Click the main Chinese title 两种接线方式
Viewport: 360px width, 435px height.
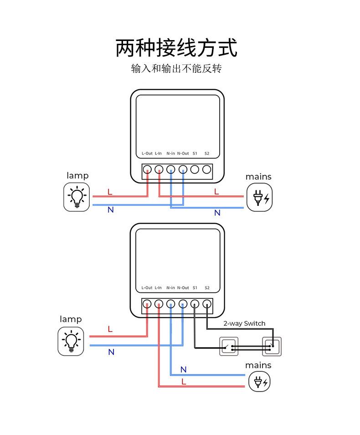point(176,48)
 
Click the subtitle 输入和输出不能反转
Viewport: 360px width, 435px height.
point(176,69)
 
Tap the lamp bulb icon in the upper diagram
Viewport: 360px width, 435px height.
point(77,197)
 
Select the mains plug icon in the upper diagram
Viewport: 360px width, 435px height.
point(259,197)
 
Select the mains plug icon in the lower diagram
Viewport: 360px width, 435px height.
point(259,381)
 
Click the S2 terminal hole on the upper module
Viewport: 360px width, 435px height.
point(206,170)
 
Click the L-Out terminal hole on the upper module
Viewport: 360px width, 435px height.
point(147,170)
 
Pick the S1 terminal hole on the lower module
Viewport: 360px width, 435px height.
point(195,304)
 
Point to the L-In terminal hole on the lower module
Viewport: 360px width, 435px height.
point(159,304)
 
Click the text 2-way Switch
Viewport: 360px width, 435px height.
point(244,323)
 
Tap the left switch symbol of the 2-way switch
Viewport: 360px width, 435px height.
point(229,347)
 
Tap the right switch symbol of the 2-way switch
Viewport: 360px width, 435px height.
point(272,347)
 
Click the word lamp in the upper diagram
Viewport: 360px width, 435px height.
point(77,176)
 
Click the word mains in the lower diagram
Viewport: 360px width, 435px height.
point(258,365)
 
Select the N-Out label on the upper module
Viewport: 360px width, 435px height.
point(183,154)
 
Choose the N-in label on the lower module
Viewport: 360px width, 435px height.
point(170,288)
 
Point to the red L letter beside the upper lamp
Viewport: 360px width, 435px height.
point(110,192)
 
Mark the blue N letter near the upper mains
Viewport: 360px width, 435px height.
point(217,213)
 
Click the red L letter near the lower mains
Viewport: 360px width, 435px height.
point(184,382)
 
